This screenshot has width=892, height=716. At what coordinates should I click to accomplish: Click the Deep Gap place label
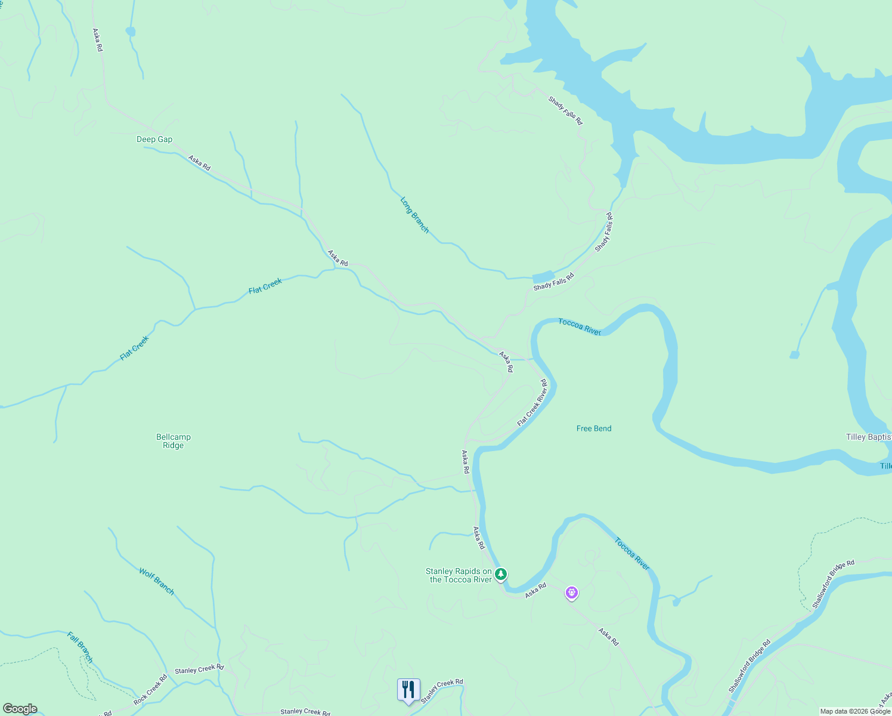point(154,140)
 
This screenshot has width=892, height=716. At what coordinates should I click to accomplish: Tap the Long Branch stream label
point(414,215)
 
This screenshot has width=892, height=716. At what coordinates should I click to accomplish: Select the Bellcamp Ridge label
point(174,441)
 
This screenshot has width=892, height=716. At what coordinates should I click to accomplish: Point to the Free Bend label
point(594,428)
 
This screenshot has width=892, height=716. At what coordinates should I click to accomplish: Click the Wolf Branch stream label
point(157,581)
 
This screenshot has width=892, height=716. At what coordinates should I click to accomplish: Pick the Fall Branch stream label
point(80,647)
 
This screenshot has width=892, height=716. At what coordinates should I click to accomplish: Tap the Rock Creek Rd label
point(150,690)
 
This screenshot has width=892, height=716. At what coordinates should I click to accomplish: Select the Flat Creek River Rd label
point(532,403)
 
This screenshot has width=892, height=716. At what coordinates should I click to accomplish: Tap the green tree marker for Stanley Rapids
point(501,574)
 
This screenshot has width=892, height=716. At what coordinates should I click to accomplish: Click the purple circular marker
point(572,592)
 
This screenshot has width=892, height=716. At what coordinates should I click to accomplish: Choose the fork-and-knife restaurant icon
point(408,690)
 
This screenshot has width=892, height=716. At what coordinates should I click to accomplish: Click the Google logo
point(20,709)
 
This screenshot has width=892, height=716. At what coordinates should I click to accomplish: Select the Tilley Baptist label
point(868,437)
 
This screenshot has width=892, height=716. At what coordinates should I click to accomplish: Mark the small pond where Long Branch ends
point(543,277)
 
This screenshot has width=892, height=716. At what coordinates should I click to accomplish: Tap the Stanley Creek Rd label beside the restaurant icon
point(442,691)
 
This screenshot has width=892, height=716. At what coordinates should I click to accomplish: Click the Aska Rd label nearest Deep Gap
point(199,163)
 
